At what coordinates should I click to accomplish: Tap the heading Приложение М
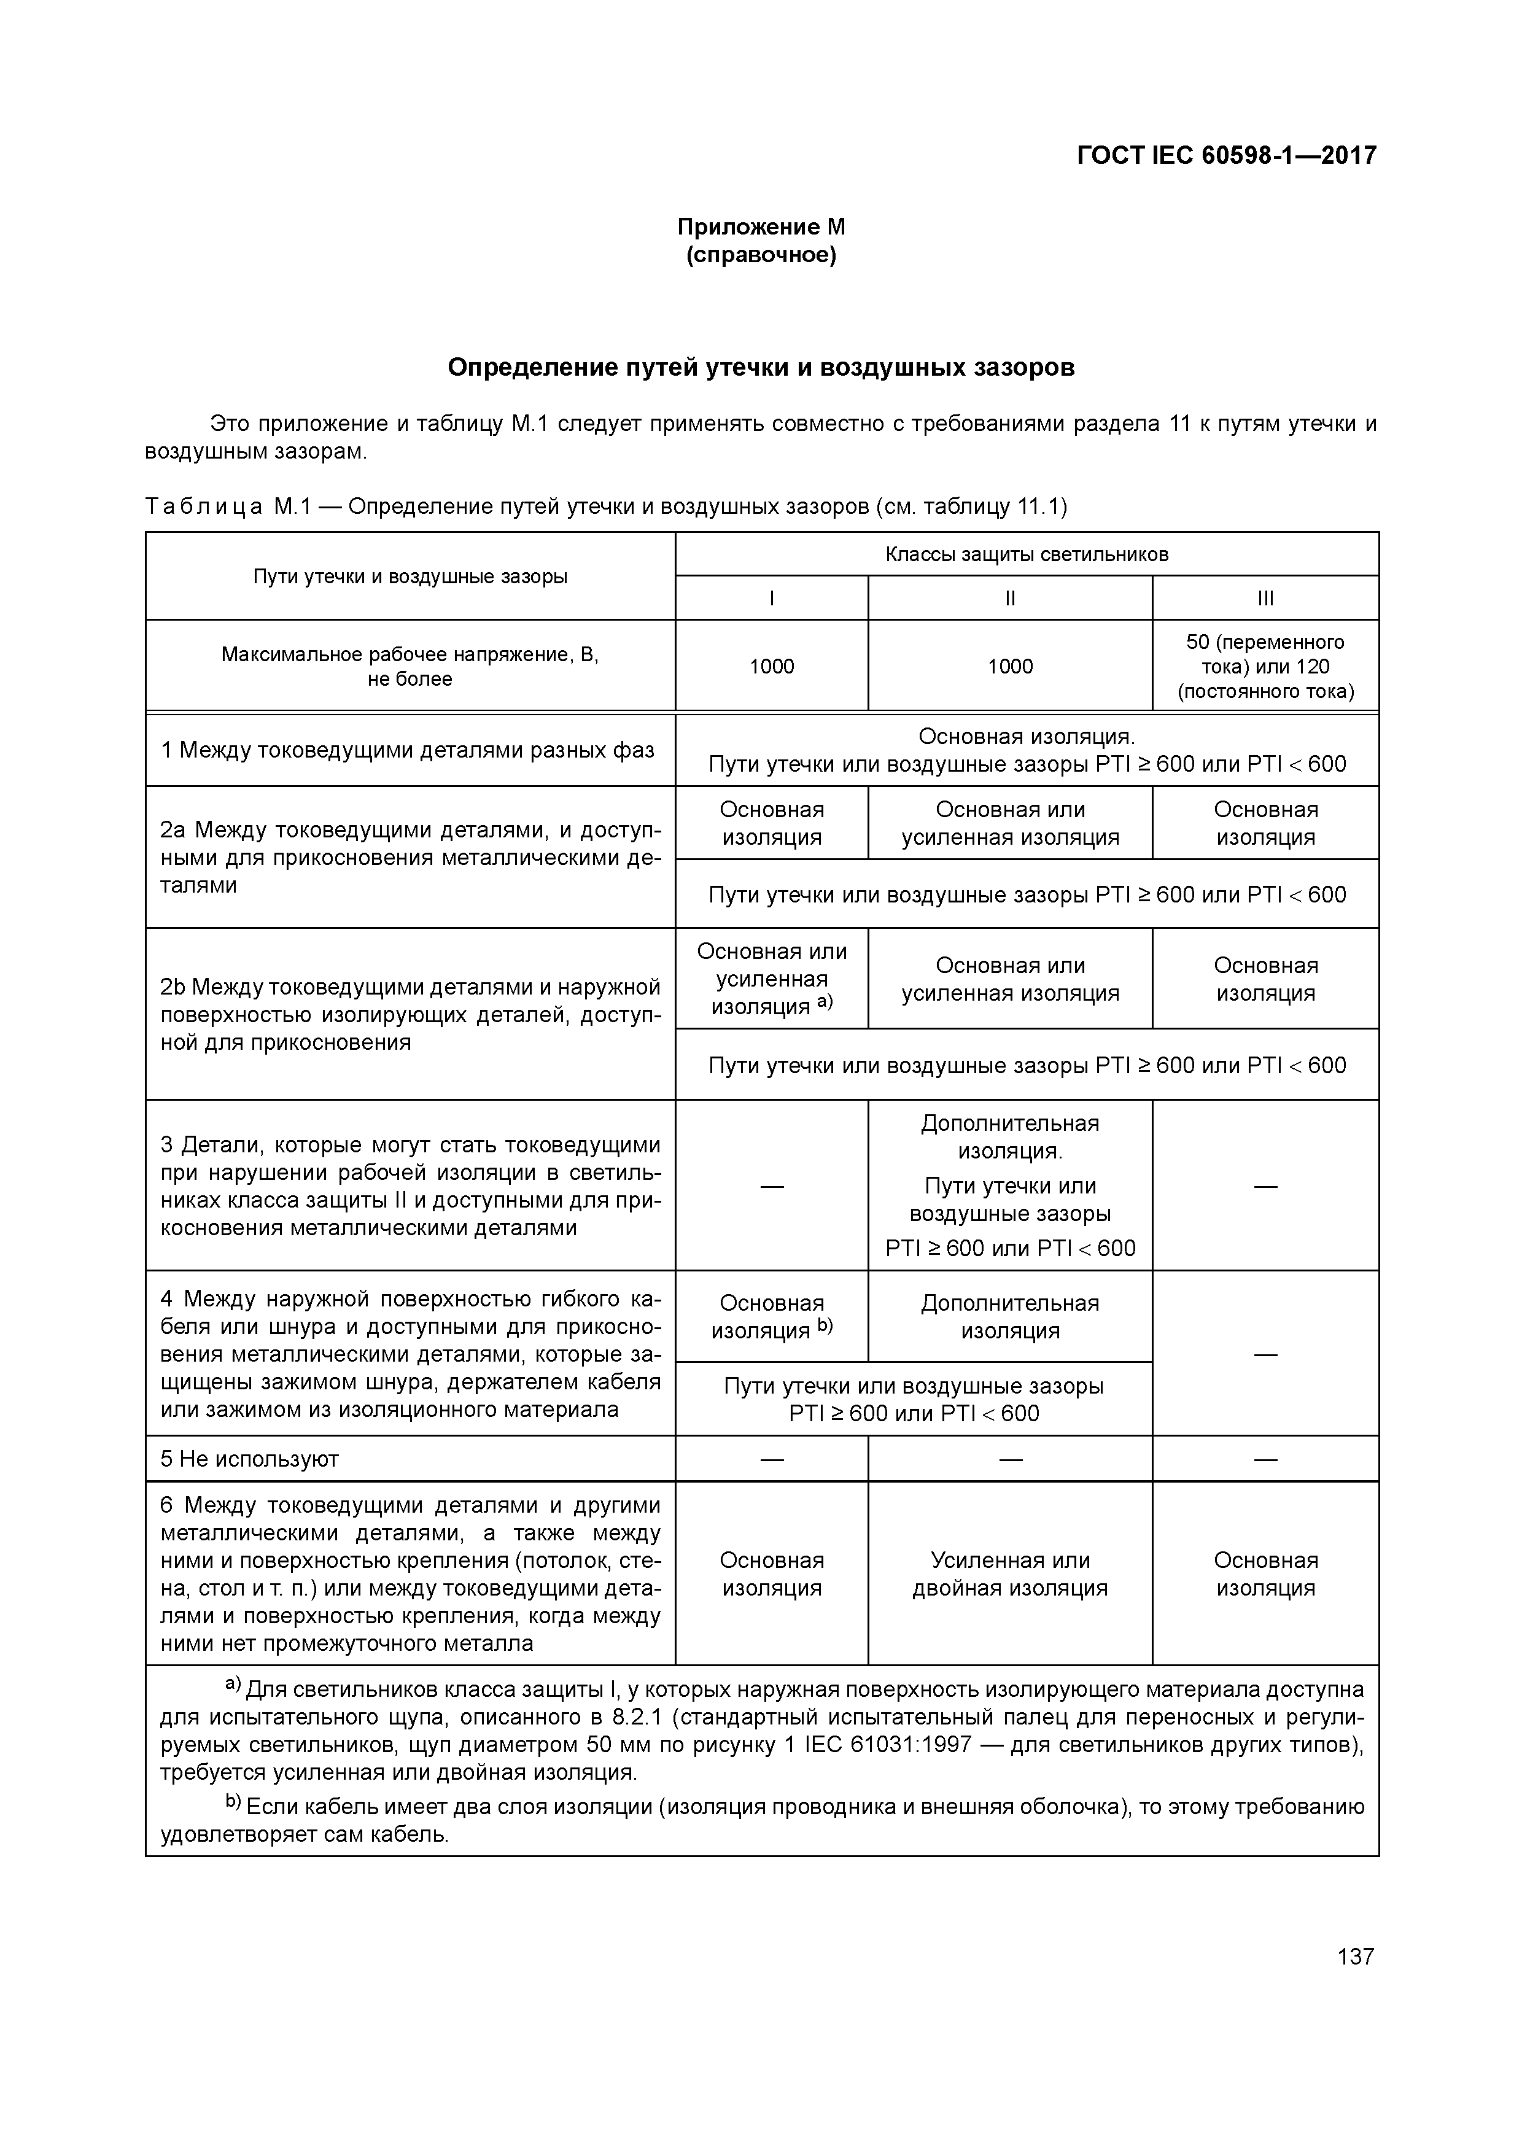coord(761,227)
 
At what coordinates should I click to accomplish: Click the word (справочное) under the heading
coord(761,255)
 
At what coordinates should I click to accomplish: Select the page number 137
coord(1355,1956)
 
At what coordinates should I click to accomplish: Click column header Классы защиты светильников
coord(1027,554)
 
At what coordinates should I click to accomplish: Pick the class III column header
coord(1265,599)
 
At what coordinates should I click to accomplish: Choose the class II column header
coord(1010,599)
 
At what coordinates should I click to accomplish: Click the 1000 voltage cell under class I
coord(772,667)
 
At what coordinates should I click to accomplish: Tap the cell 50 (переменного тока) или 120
coord(1265,667)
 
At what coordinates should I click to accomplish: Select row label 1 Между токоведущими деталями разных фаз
coord(407,750)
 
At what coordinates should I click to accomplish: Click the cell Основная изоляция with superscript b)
coord(772,1317)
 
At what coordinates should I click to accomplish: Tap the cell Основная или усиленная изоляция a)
coord(772,979)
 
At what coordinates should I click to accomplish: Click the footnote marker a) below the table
coord(233,1684)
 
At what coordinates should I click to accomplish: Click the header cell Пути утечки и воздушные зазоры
coord(410,576)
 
